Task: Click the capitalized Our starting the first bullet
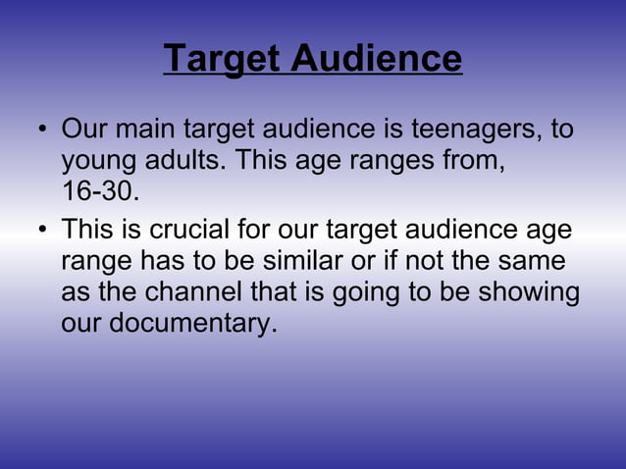click(81, 130)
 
